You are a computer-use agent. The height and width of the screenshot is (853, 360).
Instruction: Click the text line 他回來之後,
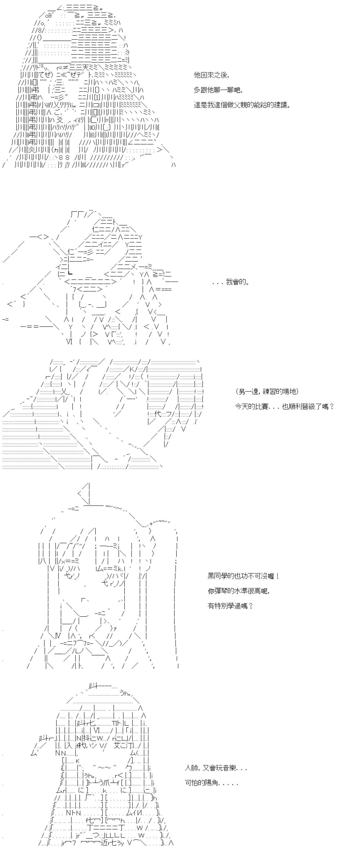(x=211, y=75)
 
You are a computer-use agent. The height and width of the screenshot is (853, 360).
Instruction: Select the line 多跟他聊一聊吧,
(x=218, y=90)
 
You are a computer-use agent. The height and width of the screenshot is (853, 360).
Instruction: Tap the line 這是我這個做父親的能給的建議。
(x=242, y=105)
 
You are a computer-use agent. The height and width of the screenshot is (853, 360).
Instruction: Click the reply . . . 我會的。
(x=231, y=282)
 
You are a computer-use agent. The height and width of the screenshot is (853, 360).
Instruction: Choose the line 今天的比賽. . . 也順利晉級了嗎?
(x=284, y=406)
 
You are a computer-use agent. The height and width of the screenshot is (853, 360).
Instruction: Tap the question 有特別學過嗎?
(x=230, y=606)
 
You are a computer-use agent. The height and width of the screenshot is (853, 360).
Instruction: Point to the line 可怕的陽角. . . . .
(x=211, y=783)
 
